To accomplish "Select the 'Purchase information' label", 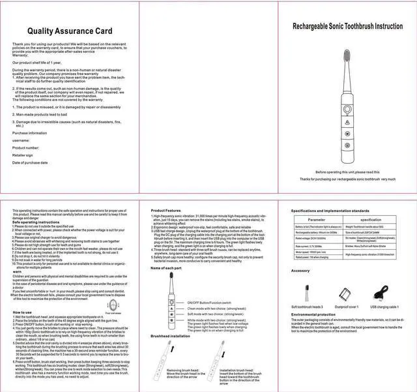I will (29, 132).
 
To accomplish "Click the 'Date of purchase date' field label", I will (30, 162).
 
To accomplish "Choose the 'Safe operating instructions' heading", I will (36, 222).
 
